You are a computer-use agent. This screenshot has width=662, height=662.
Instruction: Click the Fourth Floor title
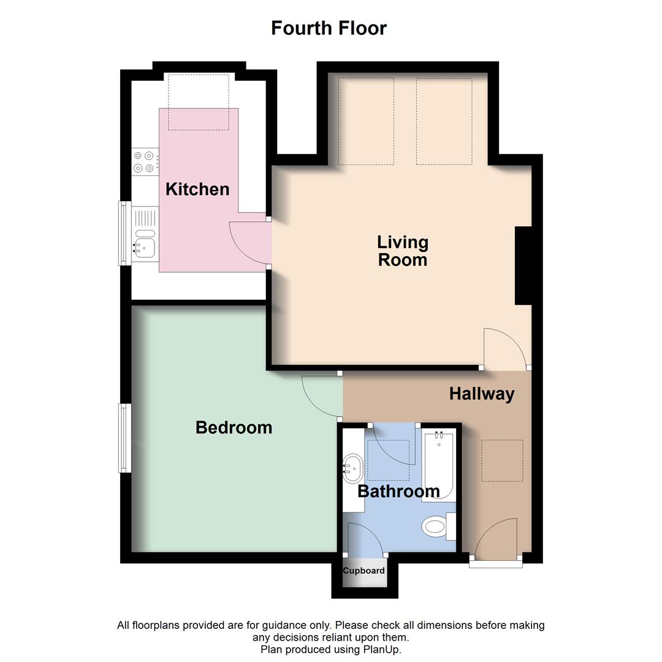(x=329, y=28)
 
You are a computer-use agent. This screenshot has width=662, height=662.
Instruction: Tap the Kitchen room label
(x=197, y=189)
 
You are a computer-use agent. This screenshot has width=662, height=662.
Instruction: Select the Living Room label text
(x=402, y=251)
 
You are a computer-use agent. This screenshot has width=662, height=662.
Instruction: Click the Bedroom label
(x=234, y=427)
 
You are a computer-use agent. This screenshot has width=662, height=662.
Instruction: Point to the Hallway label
(x=481, y=394)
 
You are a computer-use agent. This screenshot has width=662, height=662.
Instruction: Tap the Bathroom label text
(x=398, y=491)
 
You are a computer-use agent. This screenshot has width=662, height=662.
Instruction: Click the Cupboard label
(x=363, y=571)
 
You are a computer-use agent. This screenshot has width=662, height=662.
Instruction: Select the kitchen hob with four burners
(x=143, y=162)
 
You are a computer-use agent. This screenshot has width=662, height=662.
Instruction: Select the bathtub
(x=438, y=466)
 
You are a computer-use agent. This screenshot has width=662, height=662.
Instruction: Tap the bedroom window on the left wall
(x=125, y=438)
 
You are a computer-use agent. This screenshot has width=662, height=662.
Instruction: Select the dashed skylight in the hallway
(x=502, y=460)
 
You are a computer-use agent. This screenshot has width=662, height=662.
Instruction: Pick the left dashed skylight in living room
(x=366, y=121)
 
